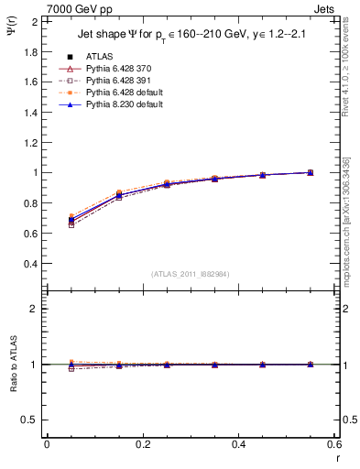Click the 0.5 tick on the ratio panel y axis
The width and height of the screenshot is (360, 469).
(x=31, y=420)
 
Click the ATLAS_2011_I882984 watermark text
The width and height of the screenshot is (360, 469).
(x=190, y=275)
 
